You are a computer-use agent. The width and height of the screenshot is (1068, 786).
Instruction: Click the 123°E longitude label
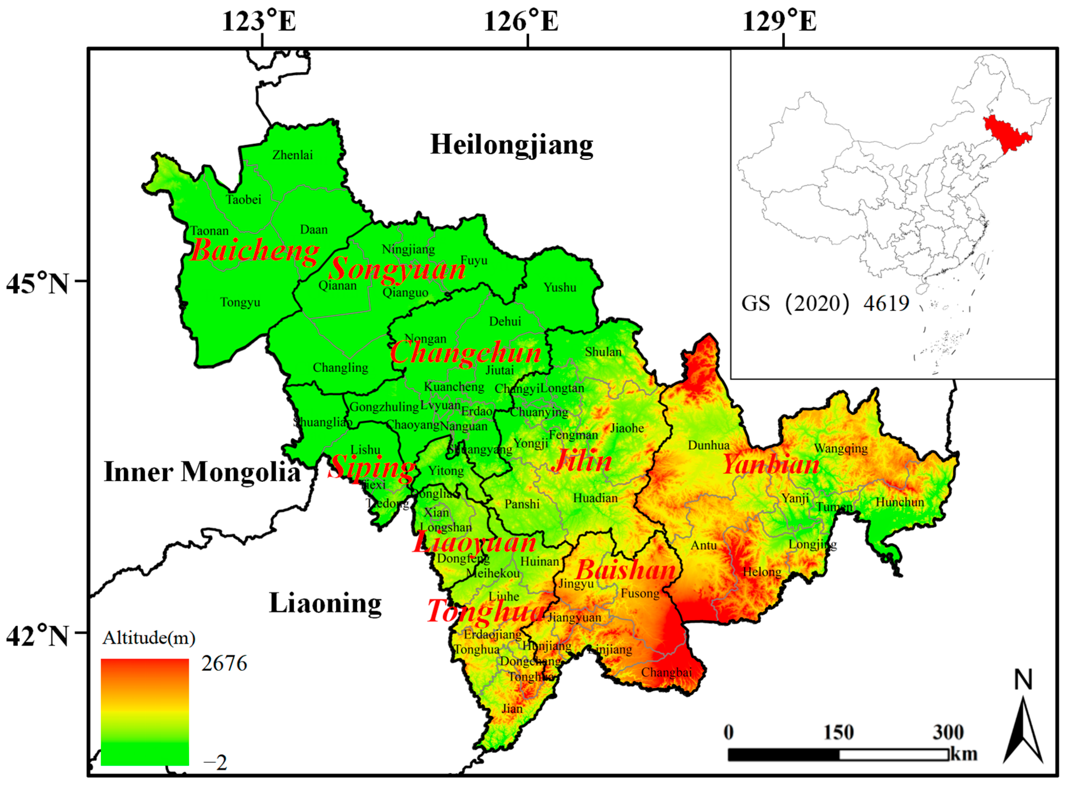coord(259,22)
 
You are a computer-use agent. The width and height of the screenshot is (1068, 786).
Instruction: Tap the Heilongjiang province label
coord(511,145)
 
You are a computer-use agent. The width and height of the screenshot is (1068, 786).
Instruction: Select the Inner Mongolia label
coord(202,472)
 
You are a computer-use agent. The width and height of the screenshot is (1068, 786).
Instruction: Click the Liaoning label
coord(325,603)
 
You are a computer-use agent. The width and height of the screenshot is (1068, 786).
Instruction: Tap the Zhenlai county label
coord(293,155)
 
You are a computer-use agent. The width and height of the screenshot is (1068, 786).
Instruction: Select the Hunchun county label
coord(900,502)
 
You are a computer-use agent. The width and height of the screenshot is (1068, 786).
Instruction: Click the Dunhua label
coord(708,445)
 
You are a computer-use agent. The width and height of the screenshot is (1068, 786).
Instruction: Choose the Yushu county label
coord(560,287)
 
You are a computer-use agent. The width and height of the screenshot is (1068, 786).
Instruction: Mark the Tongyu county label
coord(240,303)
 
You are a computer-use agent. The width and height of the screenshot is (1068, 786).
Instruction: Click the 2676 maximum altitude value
coord(224,664)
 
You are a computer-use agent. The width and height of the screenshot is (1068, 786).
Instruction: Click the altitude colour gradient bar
coord(145,711)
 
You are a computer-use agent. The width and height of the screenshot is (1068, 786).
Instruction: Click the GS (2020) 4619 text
coord(825,303)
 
